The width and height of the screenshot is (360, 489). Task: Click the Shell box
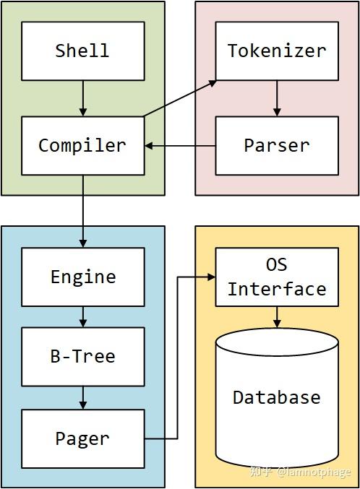(82, 51)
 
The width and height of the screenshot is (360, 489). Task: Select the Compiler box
(82, 145)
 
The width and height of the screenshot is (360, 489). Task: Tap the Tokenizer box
(277, 51)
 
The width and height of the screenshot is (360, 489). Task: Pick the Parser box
(277, 145)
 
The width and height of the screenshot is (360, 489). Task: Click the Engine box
(82, 277)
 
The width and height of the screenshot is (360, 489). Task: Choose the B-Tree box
(82, 356)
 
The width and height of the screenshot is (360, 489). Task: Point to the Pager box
(82, 438)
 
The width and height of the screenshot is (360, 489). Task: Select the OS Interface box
(277, 277)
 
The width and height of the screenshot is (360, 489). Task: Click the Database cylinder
(277, 397)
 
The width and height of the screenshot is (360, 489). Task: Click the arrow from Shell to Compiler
(83, 98)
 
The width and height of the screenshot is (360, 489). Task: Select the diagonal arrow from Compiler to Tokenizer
(180, 98)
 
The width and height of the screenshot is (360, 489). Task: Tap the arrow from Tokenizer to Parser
(277, 98)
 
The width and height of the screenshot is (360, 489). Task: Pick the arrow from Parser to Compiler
(180, 146)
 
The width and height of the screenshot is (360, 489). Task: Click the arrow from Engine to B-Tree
(83, 316)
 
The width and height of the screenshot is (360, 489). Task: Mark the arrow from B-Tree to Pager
(83, 397)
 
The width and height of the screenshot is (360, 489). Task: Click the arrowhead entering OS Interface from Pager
(211, 277)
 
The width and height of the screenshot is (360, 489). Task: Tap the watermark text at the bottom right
(300, 472)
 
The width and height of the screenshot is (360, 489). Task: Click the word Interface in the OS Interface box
(277, 289)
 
